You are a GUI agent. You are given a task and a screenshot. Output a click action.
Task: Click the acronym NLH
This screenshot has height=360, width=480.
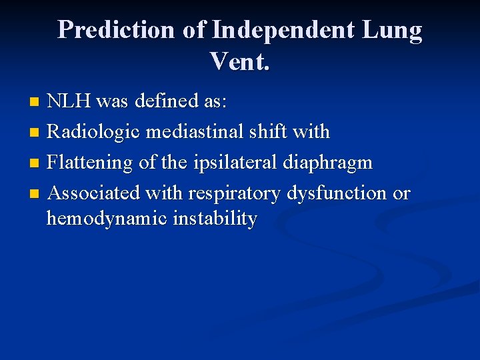click(69, 101)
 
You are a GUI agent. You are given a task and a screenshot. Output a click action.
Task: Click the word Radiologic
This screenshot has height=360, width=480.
click(93, 132)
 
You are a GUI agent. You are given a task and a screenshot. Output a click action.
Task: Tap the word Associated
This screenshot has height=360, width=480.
click(94, 193)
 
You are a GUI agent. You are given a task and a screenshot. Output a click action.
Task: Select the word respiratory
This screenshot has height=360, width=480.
click(235, 193)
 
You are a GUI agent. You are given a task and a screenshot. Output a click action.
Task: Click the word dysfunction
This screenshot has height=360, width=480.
click(337, 193)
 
